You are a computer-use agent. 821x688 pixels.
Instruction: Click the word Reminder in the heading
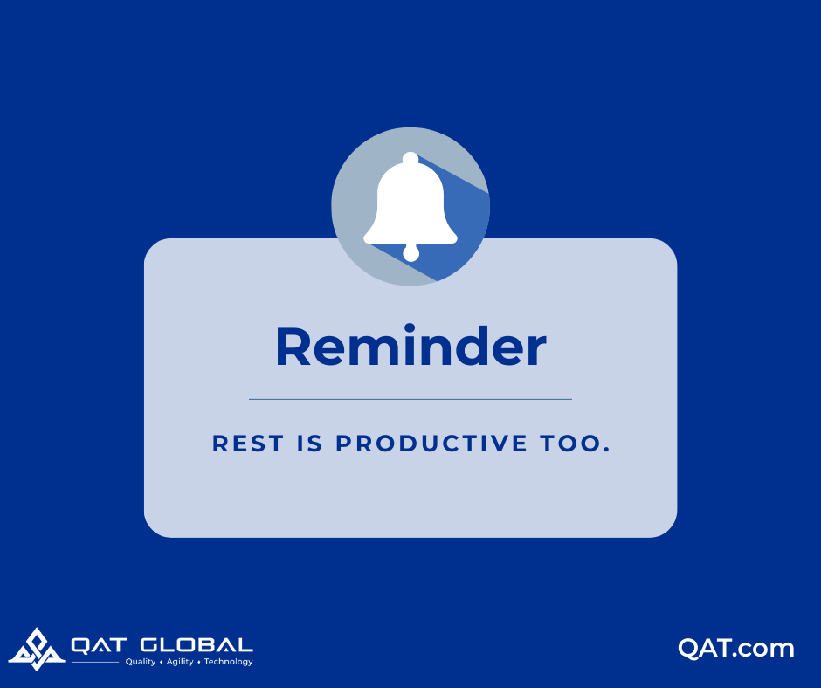click(410, 347)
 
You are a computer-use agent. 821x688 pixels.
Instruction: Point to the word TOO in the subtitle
click(566, 444)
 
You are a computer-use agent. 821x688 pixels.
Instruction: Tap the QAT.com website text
click(736, 649)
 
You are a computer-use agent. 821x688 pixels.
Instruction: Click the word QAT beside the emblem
click(101, 646)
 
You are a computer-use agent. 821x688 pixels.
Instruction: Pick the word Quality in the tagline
click(141, 662)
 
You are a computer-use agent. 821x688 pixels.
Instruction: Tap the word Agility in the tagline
click(180, 662)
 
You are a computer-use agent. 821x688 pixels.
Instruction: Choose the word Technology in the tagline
click(229, 662)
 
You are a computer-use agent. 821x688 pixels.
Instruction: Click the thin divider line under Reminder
click(410, 399)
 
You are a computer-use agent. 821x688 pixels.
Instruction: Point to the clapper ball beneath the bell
click(410, 254)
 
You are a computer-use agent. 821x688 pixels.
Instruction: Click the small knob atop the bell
click(410, 158)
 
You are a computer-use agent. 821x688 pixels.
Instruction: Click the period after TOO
click(604, 451)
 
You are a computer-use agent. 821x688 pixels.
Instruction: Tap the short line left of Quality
click(95, 662)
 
